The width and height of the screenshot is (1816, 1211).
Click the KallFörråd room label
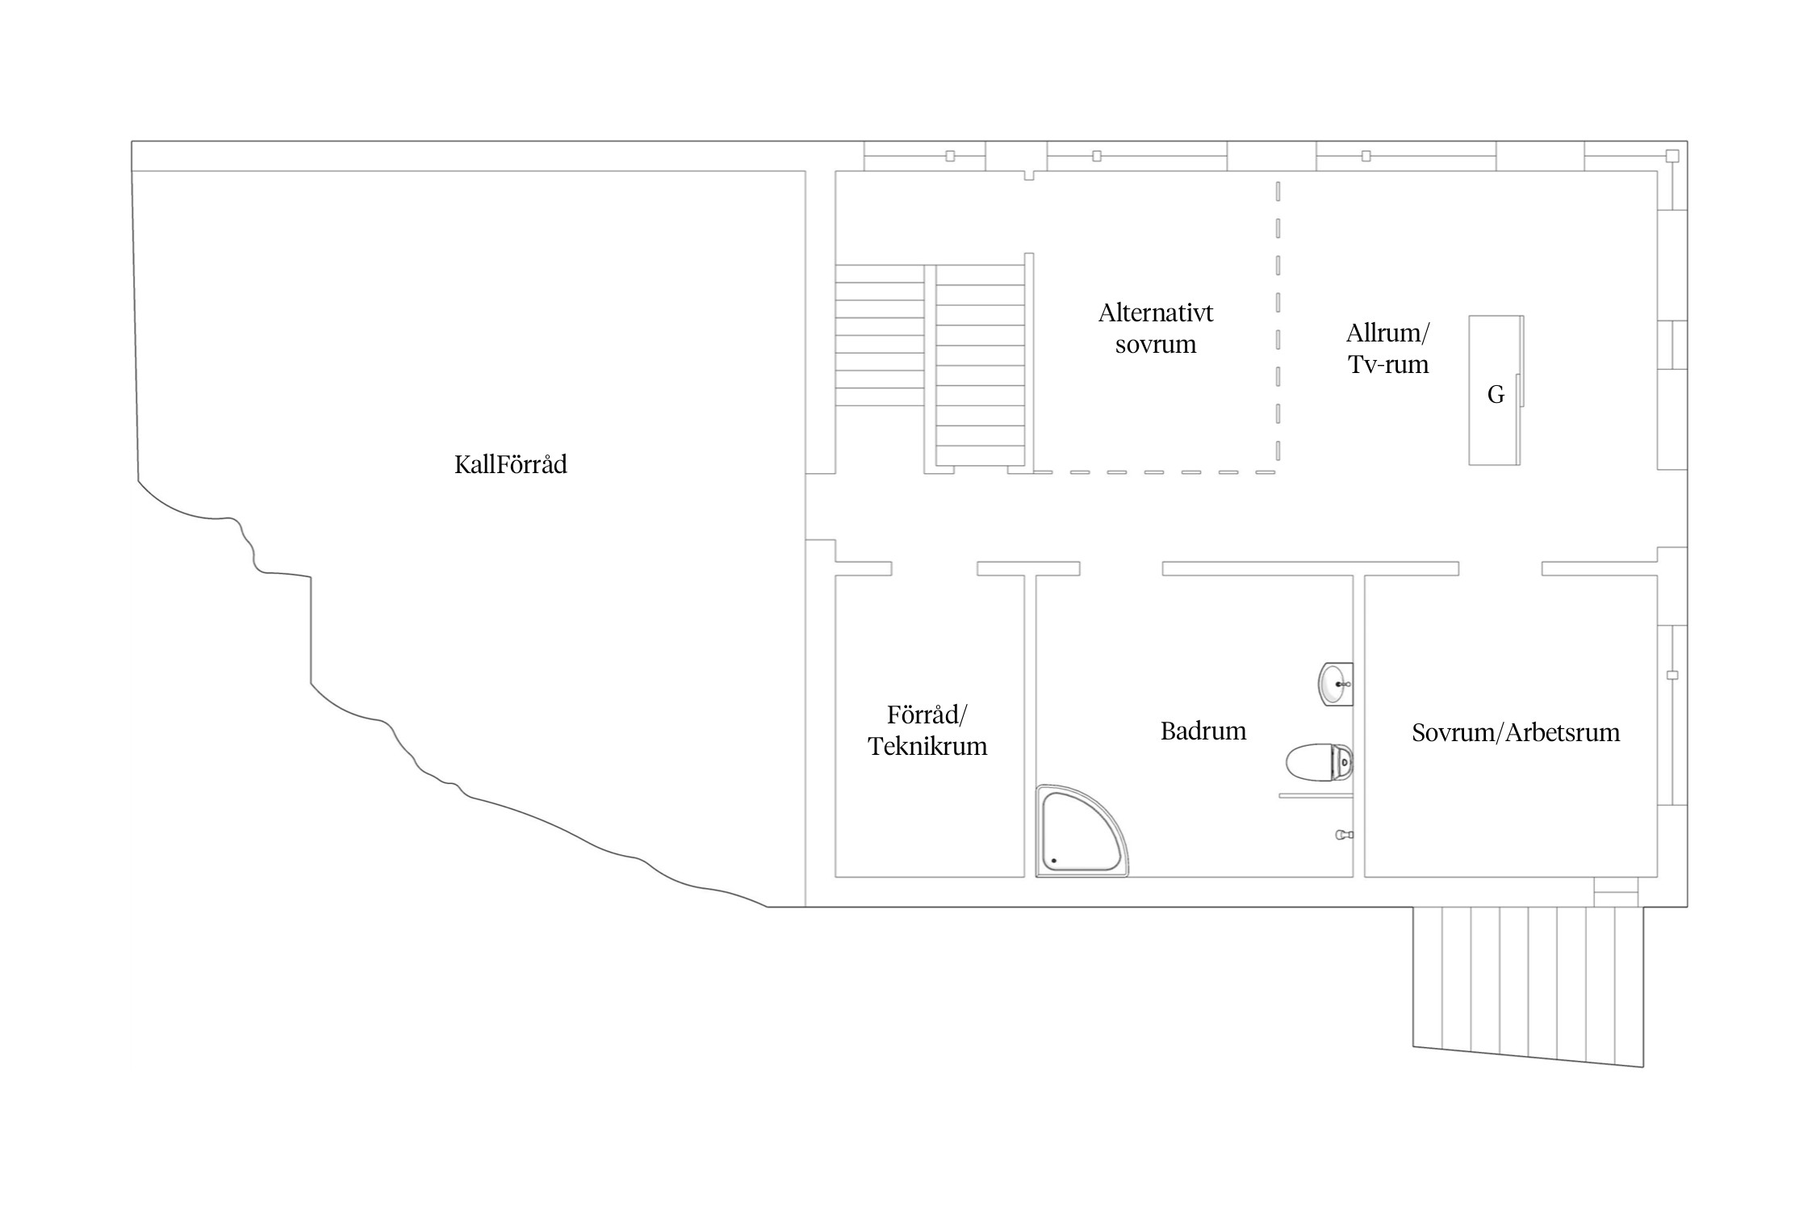(x=510, y=464)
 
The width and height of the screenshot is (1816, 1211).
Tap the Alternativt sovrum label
(x=1156, y=329)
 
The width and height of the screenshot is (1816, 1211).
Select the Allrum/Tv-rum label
(x=1388, y=349)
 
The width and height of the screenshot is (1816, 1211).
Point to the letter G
(x=1496, y=395)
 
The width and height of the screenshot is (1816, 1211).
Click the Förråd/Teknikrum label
(x=927, y=731)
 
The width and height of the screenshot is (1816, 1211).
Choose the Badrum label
(x=1203, y=731)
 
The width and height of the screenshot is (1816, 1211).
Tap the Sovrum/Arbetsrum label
(x=1516, y=732)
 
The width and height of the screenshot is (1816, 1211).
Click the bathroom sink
(x=1336, y=684)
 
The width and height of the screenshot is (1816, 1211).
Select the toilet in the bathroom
(x=1320, y=762)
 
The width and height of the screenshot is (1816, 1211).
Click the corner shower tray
(x=1082, y=831)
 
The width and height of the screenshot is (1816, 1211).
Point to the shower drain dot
(x=1054, y=861)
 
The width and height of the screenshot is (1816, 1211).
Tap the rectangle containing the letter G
(x=1496, y=390)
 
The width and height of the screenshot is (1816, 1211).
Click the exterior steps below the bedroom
(x=1528, y=986)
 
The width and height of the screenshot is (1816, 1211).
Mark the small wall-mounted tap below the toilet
(x=1345, y=835)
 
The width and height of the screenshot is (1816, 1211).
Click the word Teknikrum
(x=927, y=746)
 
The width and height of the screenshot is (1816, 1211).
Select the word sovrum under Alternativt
(x=1156, y=345)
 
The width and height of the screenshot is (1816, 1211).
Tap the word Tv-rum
(x=1388, y=365)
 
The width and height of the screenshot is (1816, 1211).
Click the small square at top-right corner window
(x=1672, y=156)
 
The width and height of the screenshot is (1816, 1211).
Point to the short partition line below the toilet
(x=1316, y=797)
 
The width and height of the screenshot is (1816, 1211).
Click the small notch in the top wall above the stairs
(x=1029, y=175)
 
